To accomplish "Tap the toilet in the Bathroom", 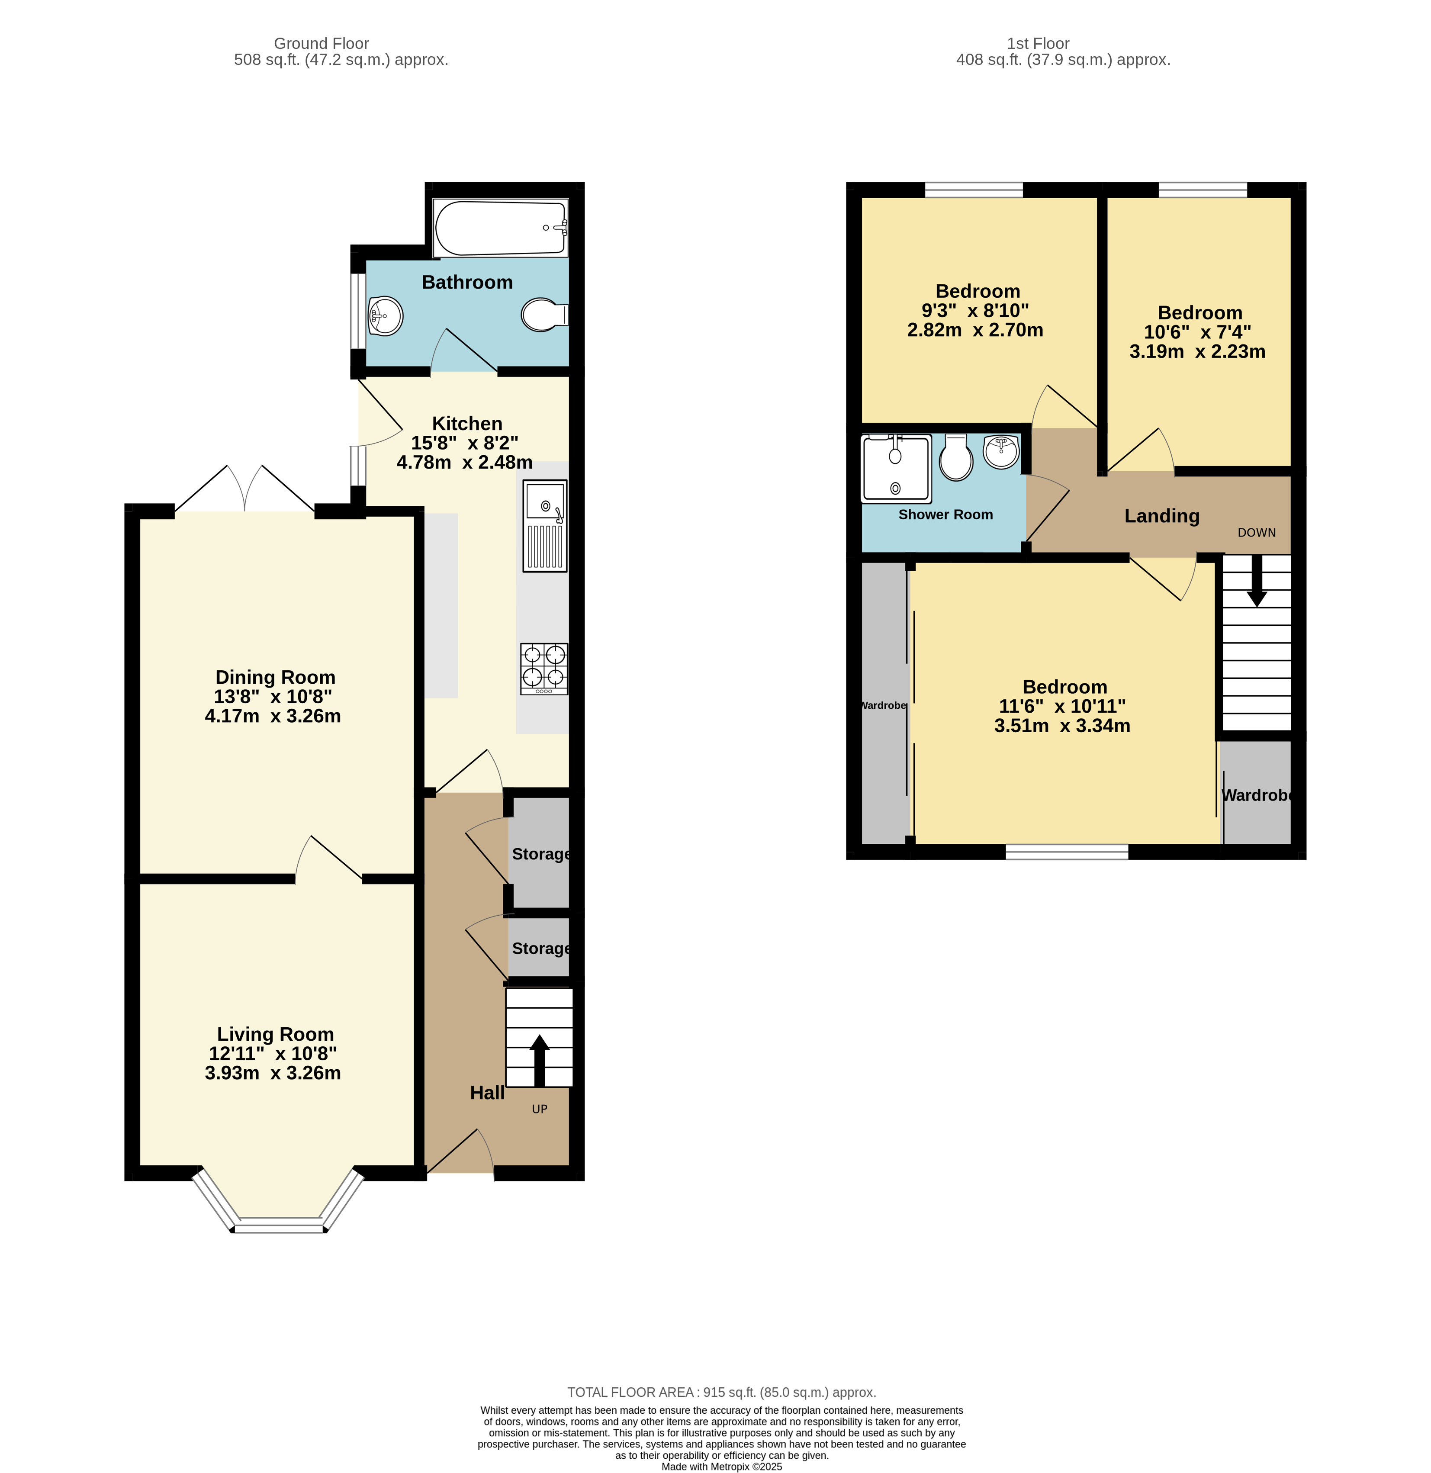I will pyautogui.click(x=543, y=315).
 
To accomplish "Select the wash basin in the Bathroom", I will pyautogui.click(x=386, y=315).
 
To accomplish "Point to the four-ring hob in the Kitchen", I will pyautogui.click(x=544, y=668).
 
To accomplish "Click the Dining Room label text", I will pyautogui.click(x=275, y=677).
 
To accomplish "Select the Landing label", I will pyautogui.click(x=1161, y=515).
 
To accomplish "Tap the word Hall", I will pyautogui.click(x=487, y=1093).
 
